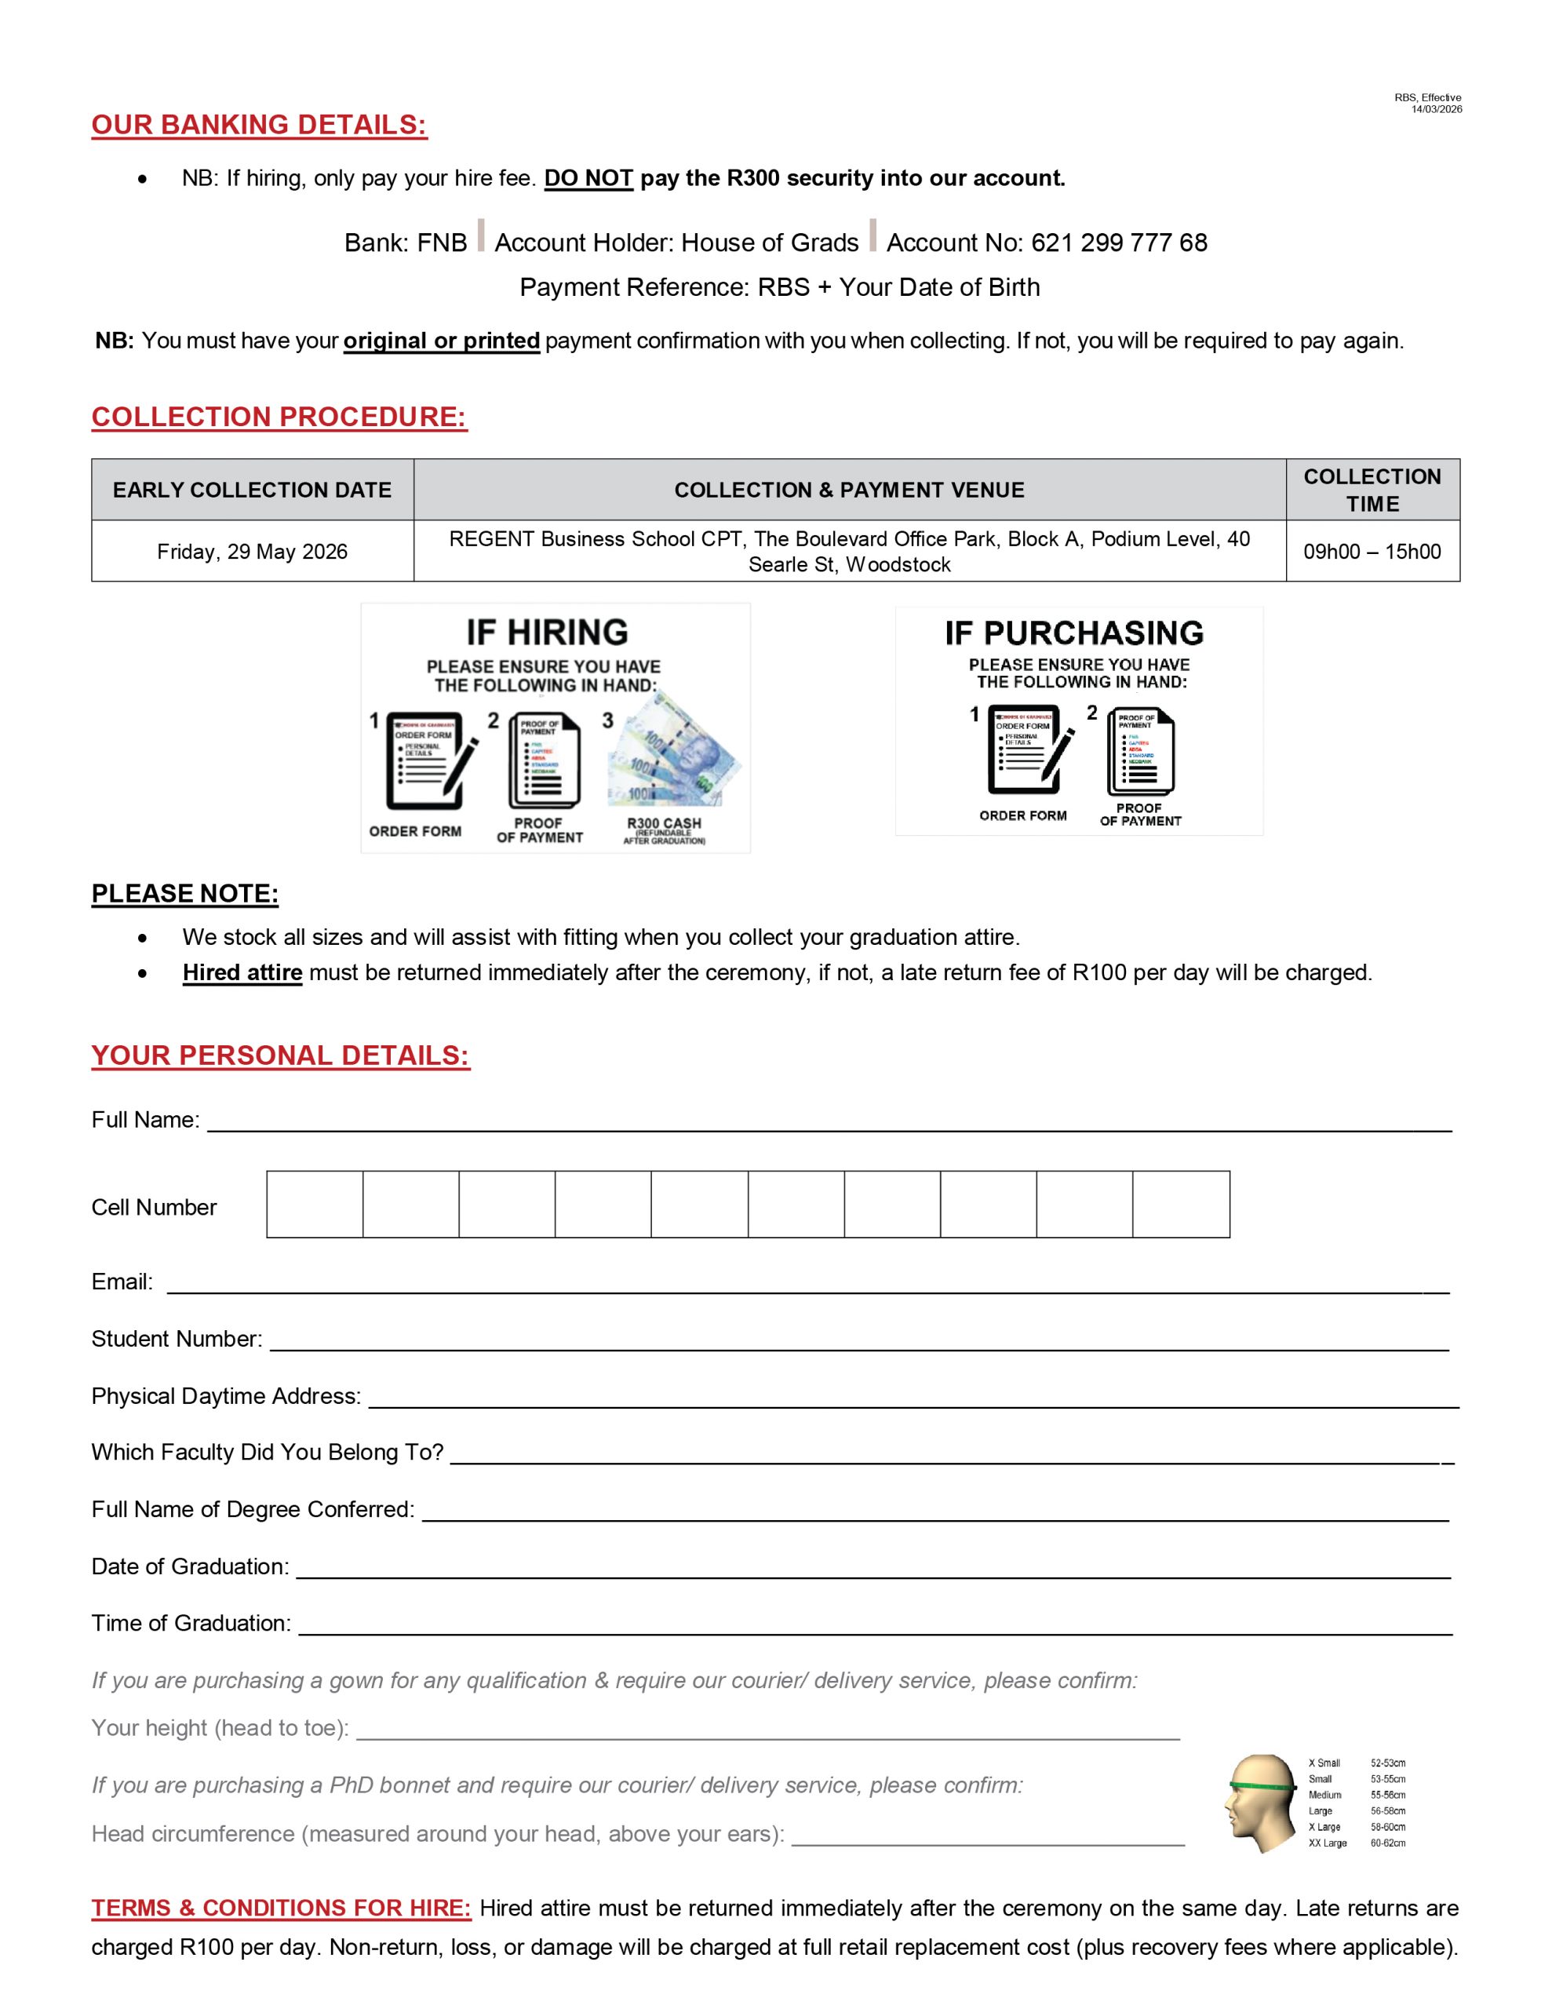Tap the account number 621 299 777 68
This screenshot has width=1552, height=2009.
coord(1119,242)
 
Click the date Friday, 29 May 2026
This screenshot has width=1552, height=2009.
coord(252,552)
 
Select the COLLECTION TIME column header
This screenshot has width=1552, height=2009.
coord(1372,490)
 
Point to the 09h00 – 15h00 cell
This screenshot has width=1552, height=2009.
coord(1372,552)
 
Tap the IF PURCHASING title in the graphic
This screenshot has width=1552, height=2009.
coord(1073,633)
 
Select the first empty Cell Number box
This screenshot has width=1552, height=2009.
coord(315,1204)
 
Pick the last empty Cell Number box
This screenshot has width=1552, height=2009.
coord(1180,1204)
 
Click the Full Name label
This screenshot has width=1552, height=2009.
coord(145,1120)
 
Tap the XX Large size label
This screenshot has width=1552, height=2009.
coord(1328,1843)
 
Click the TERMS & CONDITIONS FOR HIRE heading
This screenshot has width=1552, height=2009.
coord(281,1908)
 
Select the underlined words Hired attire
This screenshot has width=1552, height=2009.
coord(242,972)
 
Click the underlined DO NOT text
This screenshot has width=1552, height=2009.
coord(588,178)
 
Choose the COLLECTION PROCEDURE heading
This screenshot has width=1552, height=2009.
coord(279,417)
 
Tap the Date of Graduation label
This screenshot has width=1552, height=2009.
coord(190,1566)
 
